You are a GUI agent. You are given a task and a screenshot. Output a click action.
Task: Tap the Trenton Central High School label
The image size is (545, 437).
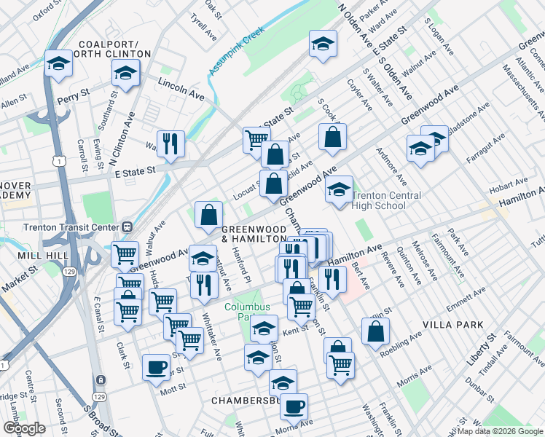tap(387, 201)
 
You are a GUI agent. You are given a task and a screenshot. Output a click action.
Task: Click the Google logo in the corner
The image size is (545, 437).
tap(23, 428)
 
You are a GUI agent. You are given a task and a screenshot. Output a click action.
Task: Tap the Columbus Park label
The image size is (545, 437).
tap(242, 312)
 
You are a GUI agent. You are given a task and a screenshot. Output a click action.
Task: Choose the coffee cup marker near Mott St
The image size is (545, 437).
tap(155, 366)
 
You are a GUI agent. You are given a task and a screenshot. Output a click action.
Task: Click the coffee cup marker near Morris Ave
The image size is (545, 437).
tap(294, 406)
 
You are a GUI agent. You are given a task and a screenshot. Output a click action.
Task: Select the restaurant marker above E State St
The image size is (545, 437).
tap(170, 143)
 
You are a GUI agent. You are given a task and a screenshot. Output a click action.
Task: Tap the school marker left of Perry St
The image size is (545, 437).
tap(58, 64)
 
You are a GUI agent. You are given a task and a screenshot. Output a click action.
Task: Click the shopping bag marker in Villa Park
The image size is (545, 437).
tap(375, 331)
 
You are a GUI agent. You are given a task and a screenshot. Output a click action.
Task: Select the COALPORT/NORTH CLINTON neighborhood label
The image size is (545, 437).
tap(114, 49)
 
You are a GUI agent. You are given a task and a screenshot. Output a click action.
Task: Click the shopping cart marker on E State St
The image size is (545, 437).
tap(256, 139)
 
